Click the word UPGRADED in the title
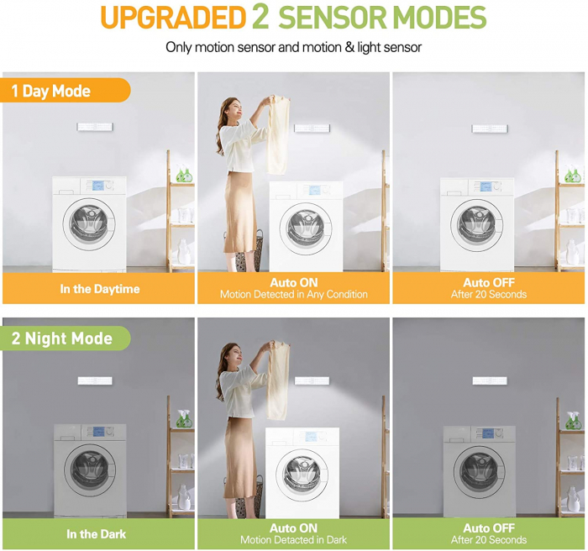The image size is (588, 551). point(173,18)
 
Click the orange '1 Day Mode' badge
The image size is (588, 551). point(65,91)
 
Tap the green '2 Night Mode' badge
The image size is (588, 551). point(65,338)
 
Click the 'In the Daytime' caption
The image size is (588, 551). point(100,289)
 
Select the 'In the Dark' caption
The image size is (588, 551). point(97,533)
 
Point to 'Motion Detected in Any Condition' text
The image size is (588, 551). point(294,295)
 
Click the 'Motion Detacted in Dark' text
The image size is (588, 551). point(294,540)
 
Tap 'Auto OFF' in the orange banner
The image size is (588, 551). point(489,282)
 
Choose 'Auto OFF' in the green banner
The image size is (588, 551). point(489,528)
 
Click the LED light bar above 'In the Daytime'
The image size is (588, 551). point(95,127)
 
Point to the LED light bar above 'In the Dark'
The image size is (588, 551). point(95,380)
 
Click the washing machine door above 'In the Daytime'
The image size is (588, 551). point(89,224)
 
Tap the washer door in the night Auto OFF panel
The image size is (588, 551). point(479,472)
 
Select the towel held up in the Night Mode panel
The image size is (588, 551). point(278,380)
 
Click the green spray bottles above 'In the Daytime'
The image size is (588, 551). point(184,173)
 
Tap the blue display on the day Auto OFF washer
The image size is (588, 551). point(486,186)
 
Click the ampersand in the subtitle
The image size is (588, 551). point(350,48)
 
